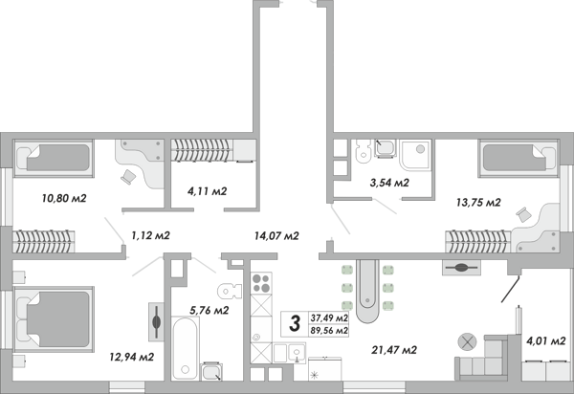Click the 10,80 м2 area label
64,198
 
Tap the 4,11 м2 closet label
208,191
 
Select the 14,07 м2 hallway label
276,236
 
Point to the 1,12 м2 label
150,235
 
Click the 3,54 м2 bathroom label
389,183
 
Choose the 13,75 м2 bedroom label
478,202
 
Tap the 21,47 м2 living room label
394,350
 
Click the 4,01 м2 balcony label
546,341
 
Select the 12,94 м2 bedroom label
132,357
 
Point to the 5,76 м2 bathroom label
209,310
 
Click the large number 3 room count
295,323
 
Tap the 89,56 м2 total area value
329,331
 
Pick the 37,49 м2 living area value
329,317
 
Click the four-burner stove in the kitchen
261,283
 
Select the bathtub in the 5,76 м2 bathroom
186,349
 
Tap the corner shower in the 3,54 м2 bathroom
415,155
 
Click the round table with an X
467,342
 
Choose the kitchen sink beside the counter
297,353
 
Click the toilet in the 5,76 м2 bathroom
230,292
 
